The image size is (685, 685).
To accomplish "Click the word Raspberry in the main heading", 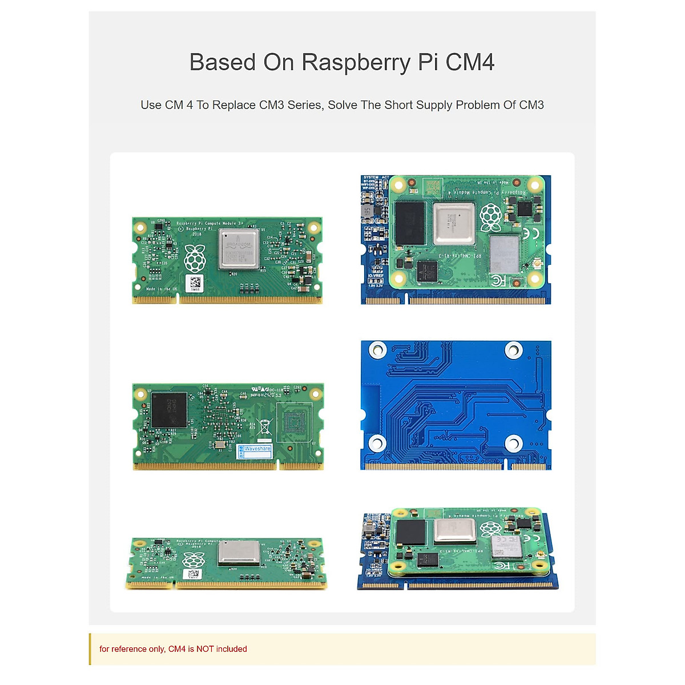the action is click(x=356, y=63).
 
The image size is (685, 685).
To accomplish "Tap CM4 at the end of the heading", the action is click(x=470, y=63).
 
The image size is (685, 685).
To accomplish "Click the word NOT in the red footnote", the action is click(x=205, y=649).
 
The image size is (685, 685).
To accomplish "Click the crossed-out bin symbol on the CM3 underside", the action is click(x=264, y=426).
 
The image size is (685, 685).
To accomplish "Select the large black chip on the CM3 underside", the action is click(x=169, y=409).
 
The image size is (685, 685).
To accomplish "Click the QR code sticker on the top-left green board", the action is click(x=195, y=283).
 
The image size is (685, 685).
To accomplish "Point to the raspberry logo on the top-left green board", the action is click(x=195, y=258).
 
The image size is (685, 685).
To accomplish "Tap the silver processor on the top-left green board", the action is click(x=239, y=249).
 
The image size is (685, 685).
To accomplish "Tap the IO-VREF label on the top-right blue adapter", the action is click(x=375, y=276).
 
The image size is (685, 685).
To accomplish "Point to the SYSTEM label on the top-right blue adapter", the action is click(x=371, y=178).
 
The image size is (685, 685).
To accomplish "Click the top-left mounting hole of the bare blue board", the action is click(x=377, y=349).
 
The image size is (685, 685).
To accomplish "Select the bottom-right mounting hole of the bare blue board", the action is click(x=513, y=443).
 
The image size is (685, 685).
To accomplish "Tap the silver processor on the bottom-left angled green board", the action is click(x=239, y=553).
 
